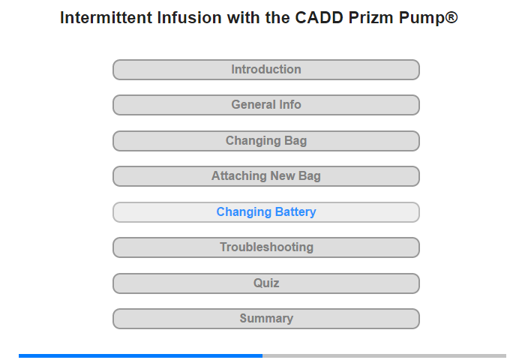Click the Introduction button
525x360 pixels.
tap(265, 70)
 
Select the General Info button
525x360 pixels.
tap(265, 105)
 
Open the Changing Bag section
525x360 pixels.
tap(265, 141)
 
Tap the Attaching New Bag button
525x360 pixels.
tap(265, 176)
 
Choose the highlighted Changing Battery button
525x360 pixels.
tap(265, 212)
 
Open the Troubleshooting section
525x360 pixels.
tap(265, 247)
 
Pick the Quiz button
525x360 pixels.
tap(265, 283)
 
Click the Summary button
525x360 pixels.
tap(265, 319)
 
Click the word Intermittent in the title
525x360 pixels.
tap(106, 17)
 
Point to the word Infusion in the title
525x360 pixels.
tap(189, 17)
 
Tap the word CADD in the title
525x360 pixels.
tap(319, 17)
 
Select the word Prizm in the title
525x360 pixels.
tap(371, 17)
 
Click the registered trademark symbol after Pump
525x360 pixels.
tap(451, 16)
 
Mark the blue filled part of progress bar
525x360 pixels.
tap(141, 355)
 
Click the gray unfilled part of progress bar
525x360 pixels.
tap(384, 355)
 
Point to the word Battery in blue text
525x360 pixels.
tap(295, 212)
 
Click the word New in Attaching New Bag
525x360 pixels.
tap(282, 175)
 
